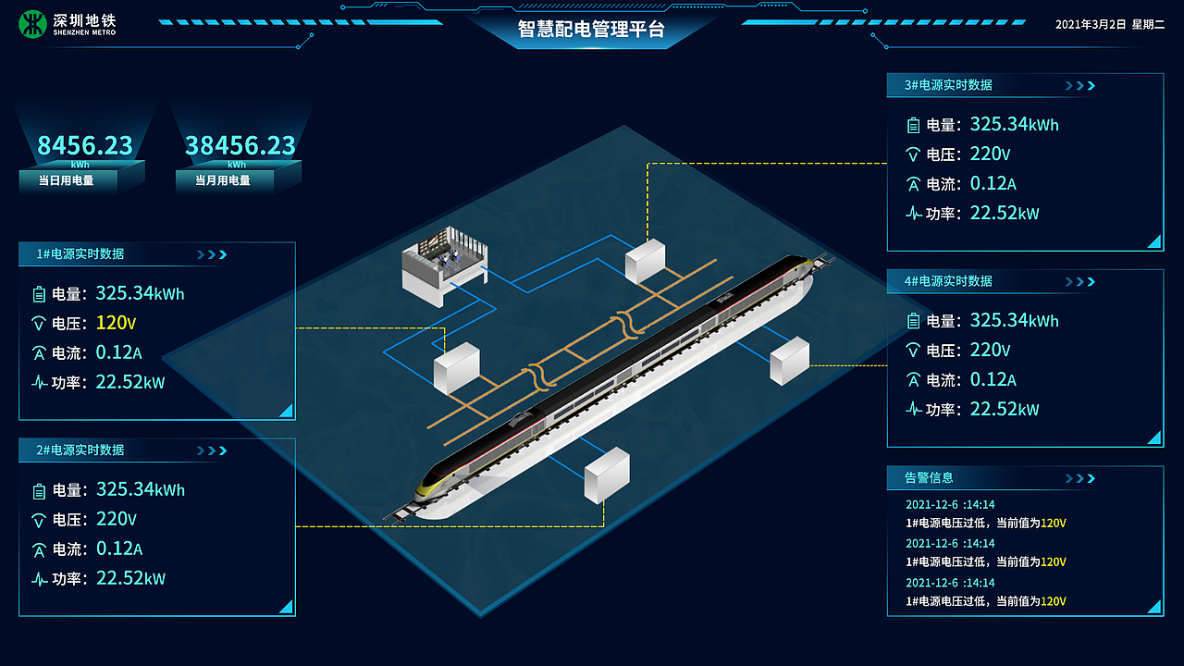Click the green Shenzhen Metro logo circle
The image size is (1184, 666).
32,24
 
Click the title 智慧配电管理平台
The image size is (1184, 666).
591,29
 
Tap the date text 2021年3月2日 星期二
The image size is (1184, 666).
1109,24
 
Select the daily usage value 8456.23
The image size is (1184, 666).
84,145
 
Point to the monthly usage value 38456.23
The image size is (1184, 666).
240,145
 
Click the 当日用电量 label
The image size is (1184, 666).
66,180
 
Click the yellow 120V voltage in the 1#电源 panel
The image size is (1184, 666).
116,323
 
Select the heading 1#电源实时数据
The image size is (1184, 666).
80,253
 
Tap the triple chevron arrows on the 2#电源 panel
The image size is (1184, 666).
212,450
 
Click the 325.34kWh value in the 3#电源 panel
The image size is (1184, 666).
1014,124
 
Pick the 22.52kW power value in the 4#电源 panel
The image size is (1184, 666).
1005,409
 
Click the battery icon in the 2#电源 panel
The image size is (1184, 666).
39,491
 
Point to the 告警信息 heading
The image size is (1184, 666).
929,478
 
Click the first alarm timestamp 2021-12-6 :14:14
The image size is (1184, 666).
950,504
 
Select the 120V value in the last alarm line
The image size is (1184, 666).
1053,601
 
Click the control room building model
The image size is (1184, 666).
444,265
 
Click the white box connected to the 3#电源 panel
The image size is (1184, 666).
645,261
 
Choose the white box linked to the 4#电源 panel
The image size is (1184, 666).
790,361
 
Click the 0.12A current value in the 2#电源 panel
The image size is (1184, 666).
119,549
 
